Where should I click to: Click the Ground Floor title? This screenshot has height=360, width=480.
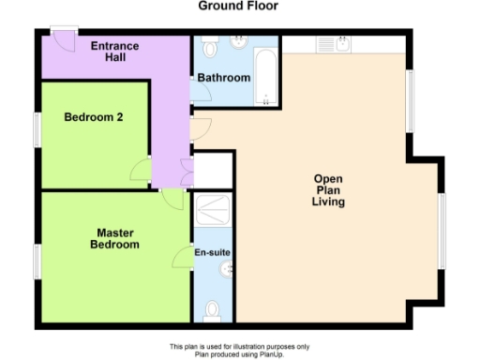[x=237, y=7]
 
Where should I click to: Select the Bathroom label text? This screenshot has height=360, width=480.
[x=223, y=78]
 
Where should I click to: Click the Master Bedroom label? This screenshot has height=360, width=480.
[x=114, y=239]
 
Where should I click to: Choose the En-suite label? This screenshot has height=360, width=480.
[x=212, y=252]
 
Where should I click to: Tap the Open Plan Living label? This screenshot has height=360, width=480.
[x=329, y=190]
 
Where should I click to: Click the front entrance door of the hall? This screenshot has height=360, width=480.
[x=65, y=38]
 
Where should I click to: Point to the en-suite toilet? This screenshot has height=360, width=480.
[x=213, y=310]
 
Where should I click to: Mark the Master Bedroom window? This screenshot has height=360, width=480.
[x=37, y=262]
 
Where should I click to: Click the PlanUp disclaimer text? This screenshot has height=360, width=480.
[x=238, y=350]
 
